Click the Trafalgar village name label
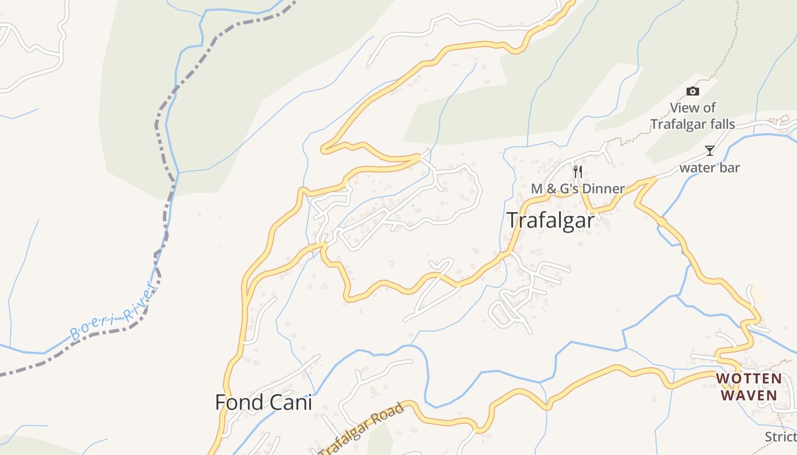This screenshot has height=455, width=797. click(x=550, y=220)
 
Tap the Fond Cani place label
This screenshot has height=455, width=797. click(x=264, y=402)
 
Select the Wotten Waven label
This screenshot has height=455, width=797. click(x=749, y=387)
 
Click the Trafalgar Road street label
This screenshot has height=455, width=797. click(x=361, y=429)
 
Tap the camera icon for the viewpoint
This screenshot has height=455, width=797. click(x=692, y=91)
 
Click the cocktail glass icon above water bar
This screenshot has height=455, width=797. click(x=709, y=151)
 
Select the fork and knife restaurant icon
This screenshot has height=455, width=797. click(x=578, y=172)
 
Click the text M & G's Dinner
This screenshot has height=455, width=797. click(x=578, y=188)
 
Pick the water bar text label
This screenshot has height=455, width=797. click(x=709, y=168)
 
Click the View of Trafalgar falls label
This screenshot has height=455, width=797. click(x=693, y=116)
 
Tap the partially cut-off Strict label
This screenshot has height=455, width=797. click(x=781, y=437)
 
